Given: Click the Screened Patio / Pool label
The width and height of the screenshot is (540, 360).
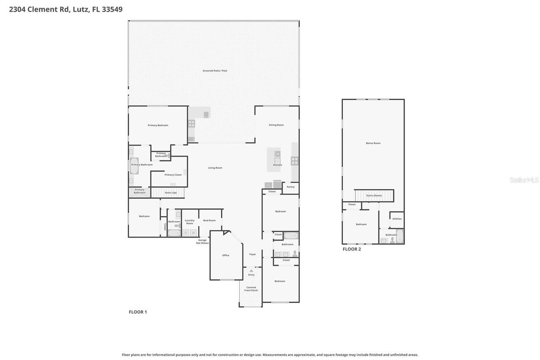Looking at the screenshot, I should (215, 70).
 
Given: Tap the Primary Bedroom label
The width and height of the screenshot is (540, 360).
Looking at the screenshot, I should (158, 125).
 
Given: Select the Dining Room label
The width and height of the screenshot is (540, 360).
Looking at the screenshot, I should (276, 125).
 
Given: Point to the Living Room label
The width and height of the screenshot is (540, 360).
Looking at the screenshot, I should (215, 168).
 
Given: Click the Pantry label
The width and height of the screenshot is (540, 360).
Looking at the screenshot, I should (290, 187).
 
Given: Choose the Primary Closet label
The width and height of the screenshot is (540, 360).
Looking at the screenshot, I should (173, 175).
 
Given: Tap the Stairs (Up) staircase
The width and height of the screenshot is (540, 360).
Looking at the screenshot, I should (167, 193).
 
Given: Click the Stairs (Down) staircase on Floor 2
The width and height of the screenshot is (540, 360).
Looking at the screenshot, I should (374, 196).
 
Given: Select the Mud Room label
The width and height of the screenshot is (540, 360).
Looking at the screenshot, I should (209, 220).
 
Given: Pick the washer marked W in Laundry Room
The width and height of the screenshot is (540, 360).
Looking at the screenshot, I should (193, 233).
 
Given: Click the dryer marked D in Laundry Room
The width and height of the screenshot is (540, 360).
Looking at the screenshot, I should (185, 233).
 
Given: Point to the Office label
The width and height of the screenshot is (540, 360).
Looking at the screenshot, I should (226, 255).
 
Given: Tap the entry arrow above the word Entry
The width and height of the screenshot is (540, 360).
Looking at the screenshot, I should (251, 271).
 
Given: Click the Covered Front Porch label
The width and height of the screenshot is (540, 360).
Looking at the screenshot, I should (251, 289).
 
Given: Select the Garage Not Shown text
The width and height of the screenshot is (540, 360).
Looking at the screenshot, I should (202, 242).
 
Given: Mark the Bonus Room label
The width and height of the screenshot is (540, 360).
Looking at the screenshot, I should (373, 143).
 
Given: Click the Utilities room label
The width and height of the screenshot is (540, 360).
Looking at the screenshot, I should (397, 219).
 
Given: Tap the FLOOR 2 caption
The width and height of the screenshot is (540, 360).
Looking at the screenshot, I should (351, 249).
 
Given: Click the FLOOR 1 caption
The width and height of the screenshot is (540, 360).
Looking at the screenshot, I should (138, 312).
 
